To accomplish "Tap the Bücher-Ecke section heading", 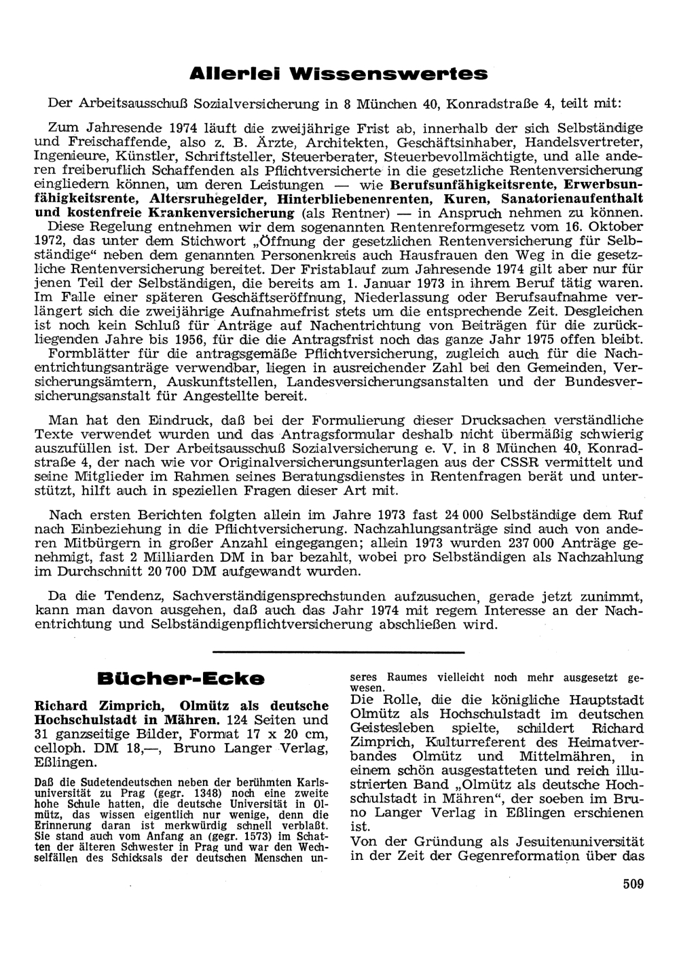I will [181, 677].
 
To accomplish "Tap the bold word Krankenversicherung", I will [221, 213].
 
